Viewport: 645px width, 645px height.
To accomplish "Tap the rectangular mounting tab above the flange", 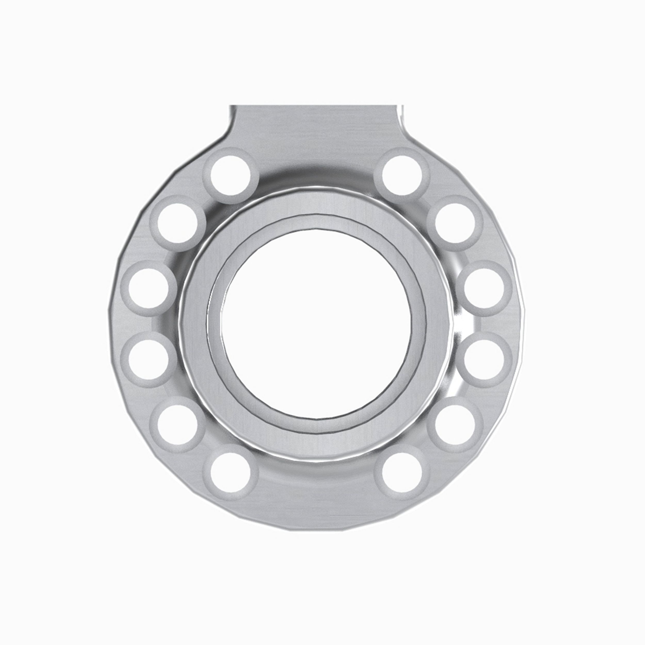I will click(317, 124).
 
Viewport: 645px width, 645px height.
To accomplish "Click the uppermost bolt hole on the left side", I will click(231, 176).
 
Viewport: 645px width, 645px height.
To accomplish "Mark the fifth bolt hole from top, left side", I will click(177, 425).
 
